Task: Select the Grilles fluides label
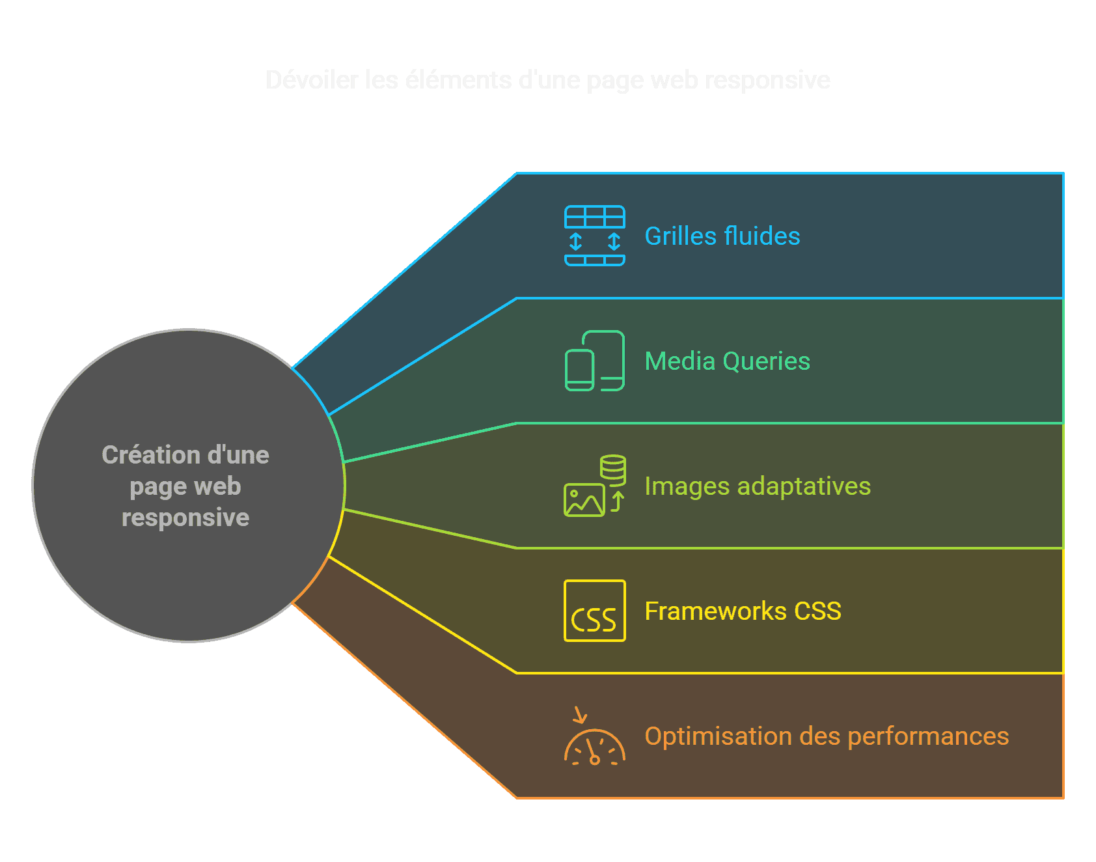pos(722,236)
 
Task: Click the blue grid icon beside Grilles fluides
pos(594,236)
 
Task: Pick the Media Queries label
pos(727,361)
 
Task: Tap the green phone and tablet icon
pos(594,361)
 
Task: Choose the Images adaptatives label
pos(757,486)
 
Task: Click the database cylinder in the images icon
pos(612,467)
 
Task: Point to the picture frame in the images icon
pos(583,501)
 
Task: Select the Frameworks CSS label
pos(743,611)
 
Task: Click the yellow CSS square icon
pos(594,611)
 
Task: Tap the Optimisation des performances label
pos(826,736)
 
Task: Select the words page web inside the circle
pos(185,486)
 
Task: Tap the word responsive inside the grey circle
pos(185,518)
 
